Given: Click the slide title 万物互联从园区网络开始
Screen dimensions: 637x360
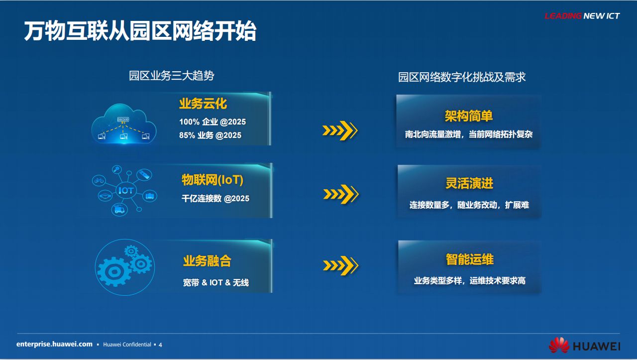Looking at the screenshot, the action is click(140, 31).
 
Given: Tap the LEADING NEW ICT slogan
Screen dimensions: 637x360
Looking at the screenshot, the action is click(582, 16).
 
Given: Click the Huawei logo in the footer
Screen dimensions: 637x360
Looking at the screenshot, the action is click(584, 346).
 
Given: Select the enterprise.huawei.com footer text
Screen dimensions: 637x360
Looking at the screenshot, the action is click(54, 344).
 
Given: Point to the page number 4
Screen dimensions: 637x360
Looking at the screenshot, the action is click(160, 345).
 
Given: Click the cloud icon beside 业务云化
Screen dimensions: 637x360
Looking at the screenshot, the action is click(124, 124).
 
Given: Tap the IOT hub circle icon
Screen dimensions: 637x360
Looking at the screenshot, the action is click(126, 190).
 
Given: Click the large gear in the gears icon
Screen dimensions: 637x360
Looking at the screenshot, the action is click(114, 272).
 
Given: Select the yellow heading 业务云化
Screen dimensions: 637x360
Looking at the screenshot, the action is click(203, 104).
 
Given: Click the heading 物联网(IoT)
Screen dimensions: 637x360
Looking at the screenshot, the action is click(212, 180).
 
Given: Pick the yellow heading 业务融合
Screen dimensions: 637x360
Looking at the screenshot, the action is click(207, 261).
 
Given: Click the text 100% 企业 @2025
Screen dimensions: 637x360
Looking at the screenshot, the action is click(212, 122).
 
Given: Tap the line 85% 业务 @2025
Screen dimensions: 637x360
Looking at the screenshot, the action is click(210, 135).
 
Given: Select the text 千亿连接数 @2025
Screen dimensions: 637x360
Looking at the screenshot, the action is click(215, 198).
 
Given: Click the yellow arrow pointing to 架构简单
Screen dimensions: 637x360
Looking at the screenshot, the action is click(340, 130).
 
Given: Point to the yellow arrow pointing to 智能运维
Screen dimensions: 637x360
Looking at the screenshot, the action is click(341, 265).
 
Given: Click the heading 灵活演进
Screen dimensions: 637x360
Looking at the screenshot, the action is click(469, 183).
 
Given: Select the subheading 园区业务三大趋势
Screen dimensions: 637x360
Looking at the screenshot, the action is click(172, 76).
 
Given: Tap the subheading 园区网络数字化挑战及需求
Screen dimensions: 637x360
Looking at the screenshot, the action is click(462, 77).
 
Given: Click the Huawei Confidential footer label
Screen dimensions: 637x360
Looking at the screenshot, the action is click(127, 345).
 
